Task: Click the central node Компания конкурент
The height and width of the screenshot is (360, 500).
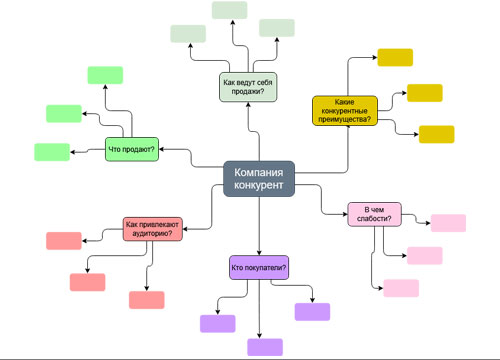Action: (258, 179)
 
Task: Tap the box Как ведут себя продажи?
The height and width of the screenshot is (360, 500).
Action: (247, 87)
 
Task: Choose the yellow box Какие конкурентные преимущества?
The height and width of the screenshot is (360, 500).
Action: (345, 110)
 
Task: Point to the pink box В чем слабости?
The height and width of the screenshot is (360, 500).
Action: (374, 214)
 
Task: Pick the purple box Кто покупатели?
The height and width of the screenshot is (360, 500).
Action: (259, 267)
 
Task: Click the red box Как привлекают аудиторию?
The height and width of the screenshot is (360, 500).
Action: (153, 229)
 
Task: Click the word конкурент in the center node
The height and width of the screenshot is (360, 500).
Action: (258, 186)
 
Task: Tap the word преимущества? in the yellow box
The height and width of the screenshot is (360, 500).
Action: (345, 120)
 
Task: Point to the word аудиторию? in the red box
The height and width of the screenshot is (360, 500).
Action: (153, 235)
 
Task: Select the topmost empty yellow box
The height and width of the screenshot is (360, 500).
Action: (394, 57)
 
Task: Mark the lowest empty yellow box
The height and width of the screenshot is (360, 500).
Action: (436, 134)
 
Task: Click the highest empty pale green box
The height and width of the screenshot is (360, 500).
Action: (229, 10)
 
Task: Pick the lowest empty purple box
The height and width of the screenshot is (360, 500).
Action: (265, 347)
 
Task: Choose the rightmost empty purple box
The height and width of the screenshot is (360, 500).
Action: (312, 311)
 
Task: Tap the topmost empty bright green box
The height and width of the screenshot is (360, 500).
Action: (105, 74)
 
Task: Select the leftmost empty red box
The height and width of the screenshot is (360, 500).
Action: (63, 240)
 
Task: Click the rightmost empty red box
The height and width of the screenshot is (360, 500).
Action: (146, 299)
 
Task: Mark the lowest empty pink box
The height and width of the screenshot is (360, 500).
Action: (400, 288)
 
